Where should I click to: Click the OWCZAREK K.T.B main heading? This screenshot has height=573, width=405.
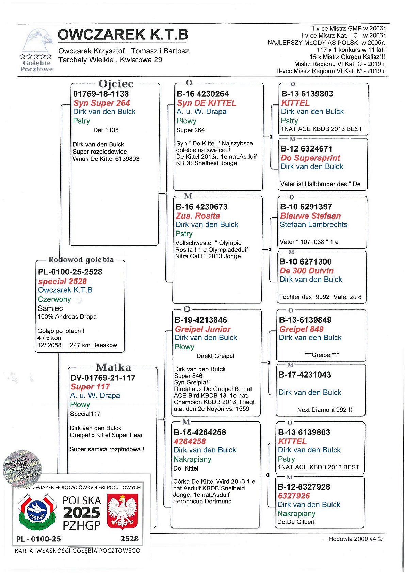click(x=123, y=35)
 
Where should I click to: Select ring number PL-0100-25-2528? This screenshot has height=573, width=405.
click(x=70, y=272)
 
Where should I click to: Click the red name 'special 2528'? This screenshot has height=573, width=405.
click(x=62, y=281)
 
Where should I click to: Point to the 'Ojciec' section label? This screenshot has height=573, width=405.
click(x=116, y=84)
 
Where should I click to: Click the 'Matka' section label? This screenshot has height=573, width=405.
click(x=113, y=368)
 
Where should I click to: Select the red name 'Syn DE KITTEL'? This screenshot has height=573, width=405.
click(x=207, y=103)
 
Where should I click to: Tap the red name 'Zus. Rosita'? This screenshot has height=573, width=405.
click(x=198, y=216)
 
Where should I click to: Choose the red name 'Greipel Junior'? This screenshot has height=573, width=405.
click(x=202, y=329)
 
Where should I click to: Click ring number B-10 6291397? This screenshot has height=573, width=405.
click(x=306, y=207)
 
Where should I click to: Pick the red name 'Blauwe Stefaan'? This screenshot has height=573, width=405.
click(x=310, y=216)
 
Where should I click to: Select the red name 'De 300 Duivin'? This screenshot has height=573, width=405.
click(x=306, y=271)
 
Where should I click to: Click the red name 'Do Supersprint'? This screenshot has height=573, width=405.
click(x=310, y=158)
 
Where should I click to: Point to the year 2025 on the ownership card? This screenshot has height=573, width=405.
click(x=82, y=513)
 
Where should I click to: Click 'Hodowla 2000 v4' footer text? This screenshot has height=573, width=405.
click(x=355, y=539)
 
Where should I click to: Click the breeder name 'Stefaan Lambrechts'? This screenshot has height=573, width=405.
click(x=313, y=225)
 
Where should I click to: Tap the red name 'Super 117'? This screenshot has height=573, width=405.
click(x=90, y=387)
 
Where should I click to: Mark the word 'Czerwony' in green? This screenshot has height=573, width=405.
click(x=54, y=299)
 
